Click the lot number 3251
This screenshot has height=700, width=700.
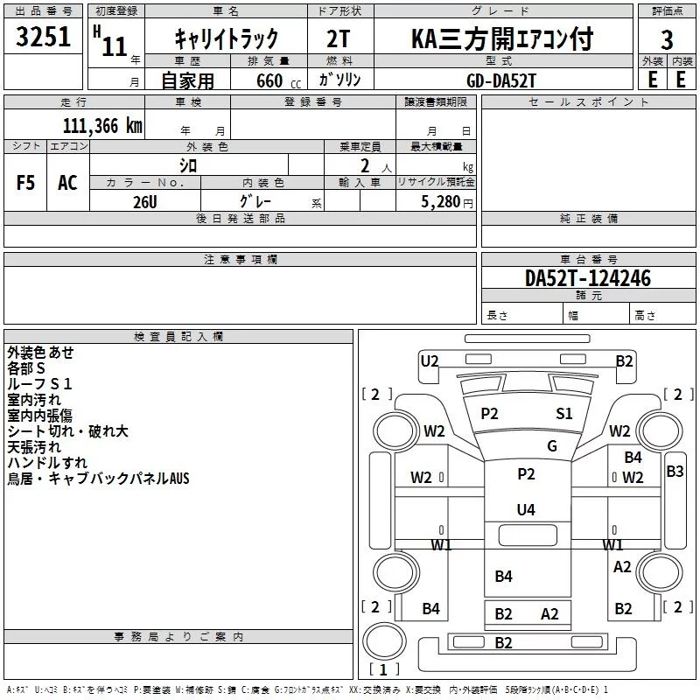[44, 38]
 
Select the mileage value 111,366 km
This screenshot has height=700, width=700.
[101, 125]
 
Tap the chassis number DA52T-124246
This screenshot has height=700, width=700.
[588, 278]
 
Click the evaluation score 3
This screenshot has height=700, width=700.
[667, 39]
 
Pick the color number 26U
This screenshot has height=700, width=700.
[145, 200]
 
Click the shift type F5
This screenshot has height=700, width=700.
[26, 183]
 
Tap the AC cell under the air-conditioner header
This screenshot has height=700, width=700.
[67, 183]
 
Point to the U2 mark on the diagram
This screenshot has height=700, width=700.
[430, 360]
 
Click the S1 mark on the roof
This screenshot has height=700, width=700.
[564, 413]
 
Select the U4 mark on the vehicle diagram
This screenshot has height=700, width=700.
[526, 509]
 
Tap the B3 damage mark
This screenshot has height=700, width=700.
[675, 472]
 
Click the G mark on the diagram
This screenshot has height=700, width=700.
[552, 445]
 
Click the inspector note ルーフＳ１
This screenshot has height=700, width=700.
[40, 383]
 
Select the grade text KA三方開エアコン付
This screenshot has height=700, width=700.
[502, 38]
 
